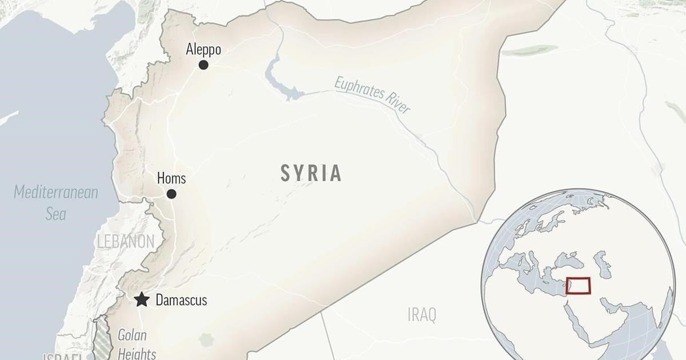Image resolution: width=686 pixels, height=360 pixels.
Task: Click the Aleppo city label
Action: [203, 50]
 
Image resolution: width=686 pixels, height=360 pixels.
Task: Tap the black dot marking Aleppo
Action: [203, 65]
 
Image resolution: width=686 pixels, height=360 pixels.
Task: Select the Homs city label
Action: [171, 178]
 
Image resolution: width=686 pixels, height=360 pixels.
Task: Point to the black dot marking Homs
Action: [171, 194]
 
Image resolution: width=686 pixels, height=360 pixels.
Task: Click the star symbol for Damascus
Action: [142, 300]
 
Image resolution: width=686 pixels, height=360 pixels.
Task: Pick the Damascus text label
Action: [181, 300]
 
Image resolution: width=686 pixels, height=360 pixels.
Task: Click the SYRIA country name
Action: [311, 173]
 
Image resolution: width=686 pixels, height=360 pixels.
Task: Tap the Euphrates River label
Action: [372, 94]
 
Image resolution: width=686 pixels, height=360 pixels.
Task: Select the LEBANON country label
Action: [125, 241]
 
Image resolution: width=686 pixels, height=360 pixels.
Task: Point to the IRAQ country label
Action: [422, 314]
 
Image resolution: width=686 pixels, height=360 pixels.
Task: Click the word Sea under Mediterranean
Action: [56, 214]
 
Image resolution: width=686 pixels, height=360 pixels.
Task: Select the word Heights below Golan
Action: [137, 354]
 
